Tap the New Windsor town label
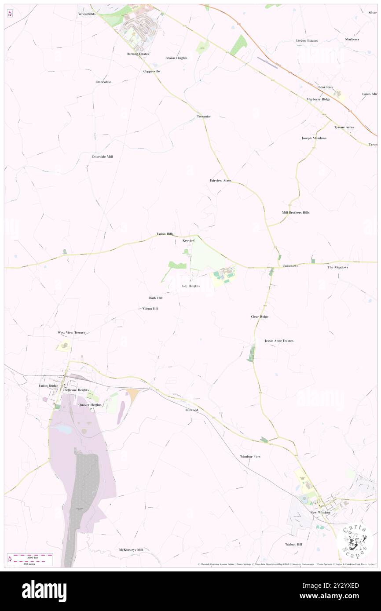point(320,513)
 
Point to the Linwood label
point(191,410)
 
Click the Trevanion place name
point(204,116)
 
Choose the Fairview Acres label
point(220,181)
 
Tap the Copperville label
point(151,71)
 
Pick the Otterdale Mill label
point(102,156)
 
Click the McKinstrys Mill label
point(131,549)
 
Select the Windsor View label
point(250,456)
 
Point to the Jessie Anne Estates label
point(279,341)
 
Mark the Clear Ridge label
point(260,316)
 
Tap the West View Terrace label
point(71,333)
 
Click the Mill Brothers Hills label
point(296,212)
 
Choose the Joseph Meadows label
point(314,138)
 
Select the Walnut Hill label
point(293,544)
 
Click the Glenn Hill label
point(150,309)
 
